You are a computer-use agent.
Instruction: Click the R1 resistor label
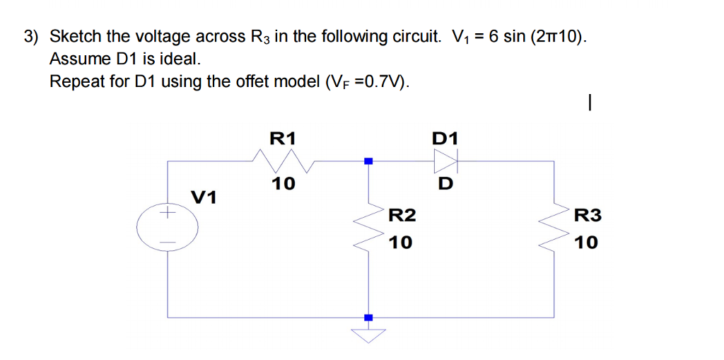click(284, 137)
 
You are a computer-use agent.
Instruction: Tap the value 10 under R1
click(284, 184)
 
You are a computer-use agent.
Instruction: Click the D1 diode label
click(445, 137)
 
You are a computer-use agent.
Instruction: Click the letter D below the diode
click(445, 185)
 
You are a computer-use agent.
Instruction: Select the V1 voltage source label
click(204, 197)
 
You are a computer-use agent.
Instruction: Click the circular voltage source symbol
click(168, 226)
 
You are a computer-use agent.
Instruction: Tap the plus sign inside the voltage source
click(168, 211)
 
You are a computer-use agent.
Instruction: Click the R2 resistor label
click(402, 216)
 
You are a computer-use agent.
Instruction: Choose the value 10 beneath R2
click(400, 243)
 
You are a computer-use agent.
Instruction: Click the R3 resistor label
click(588, 216)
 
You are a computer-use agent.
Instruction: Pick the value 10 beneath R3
click(586, 243)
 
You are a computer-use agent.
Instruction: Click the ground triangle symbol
click(367, 335)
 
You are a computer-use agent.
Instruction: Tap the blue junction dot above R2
click(367, 161)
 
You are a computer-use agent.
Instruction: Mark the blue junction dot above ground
click(367, 318)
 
